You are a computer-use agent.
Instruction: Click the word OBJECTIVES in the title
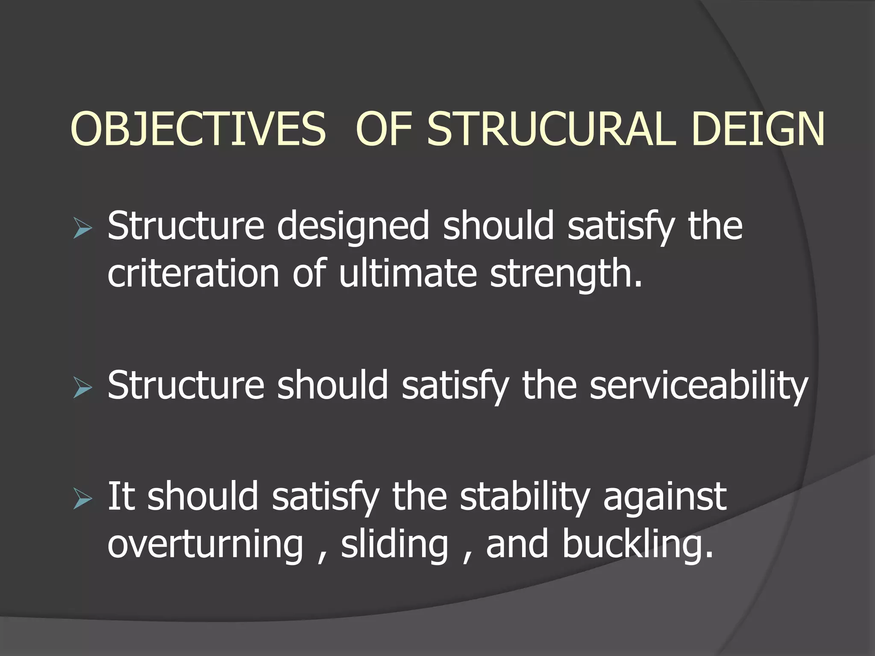(198, 129)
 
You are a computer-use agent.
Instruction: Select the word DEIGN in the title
(758, 129)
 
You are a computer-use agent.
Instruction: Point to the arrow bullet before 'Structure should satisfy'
(82, 387)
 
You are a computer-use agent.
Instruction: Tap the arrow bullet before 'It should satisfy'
(82, 498)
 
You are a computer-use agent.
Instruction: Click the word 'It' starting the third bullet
(121, 496)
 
